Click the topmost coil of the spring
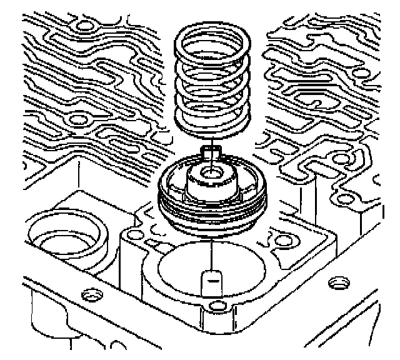click(x=212, y=31)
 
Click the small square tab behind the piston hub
click(x=212, y=151)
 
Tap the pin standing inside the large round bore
click(x=213, y=284)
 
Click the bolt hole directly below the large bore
click(x=216, y=306)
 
